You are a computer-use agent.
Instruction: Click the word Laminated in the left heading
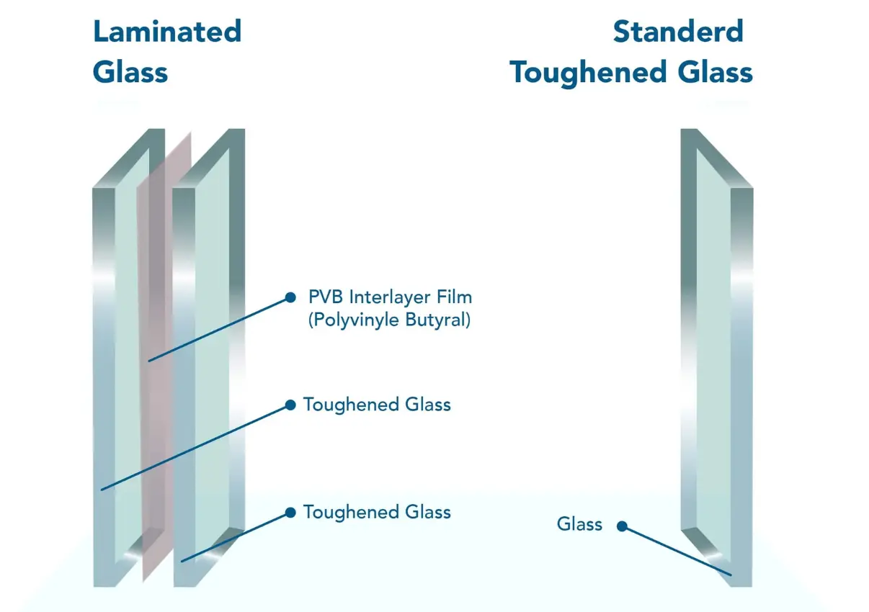click(167, 32)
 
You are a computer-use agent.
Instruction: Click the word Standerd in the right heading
click(677, 32)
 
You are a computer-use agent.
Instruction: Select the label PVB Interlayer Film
click(390, 297)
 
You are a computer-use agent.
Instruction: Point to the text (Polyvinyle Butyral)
click(389, 320)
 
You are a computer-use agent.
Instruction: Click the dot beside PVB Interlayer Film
click(290, 297)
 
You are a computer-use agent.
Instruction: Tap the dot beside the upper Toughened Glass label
click(290, 405)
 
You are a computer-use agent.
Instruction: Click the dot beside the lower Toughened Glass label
click(290, 513)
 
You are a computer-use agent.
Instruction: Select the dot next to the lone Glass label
click(622, 526)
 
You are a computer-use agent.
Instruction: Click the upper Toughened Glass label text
click(377, 405)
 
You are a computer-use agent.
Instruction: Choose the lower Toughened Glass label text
click(377, 513)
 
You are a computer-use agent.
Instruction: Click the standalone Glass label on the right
click(579, 524)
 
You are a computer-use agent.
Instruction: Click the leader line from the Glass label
click(677, 551)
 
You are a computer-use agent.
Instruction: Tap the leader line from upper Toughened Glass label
click(195, 447)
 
